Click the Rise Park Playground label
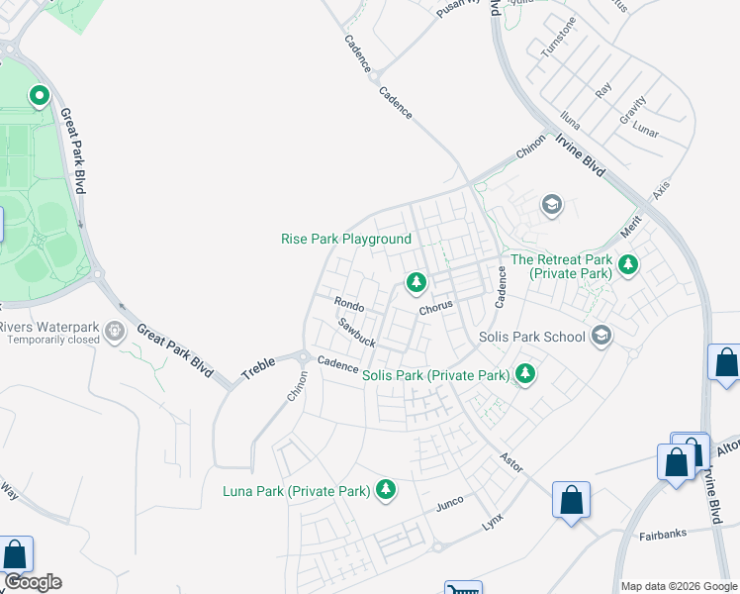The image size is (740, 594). point(345,239)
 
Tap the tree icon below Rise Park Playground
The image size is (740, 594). point(416,284)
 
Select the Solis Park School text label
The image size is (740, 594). point(532,337)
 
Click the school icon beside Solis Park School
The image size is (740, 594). point(600,337)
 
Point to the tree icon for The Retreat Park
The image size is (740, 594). point(627,264)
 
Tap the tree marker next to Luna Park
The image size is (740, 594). point(385,489)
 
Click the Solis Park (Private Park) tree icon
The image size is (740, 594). point(525,374)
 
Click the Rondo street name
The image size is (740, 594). point(349,304)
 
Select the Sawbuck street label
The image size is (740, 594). point(356,333)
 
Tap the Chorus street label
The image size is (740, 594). point(435,307)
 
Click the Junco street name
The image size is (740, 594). point(450,504)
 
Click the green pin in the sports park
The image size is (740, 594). point(40,96)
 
